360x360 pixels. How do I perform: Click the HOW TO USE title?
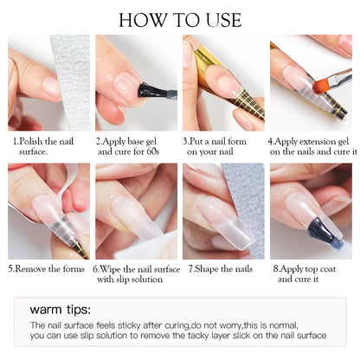click(180, 19)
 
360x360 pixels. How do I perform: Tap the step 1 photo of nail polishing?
click(48, 82)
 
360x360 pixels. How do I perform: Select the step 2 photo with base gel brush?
click(136, 82)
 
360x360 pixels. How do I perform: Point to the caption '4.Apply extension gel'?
click(311, 138)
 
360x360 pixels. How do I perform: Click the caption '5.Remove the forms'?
click(47, 268)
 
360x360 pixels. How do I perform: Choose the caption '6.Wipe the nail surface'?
click(136, 268)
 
